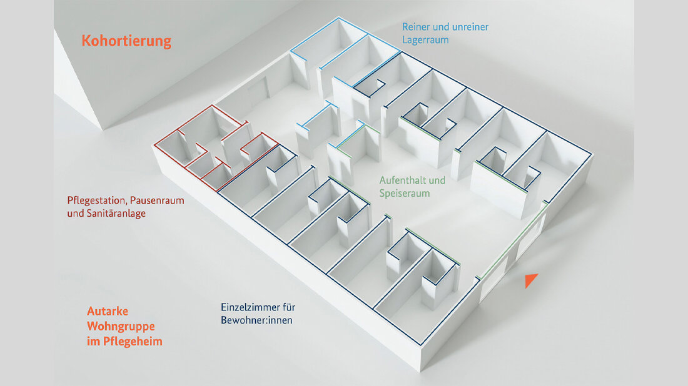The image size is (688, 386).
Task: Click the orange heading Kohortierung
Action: [x=126, y=42]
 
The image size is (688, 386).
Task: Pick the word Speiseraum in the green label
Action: [x=405, y=194]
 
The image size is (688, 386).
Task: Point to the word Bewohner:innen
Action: [x=257, y=320]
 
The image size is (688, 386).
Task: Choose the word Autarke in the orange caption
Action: [x=108, y=311]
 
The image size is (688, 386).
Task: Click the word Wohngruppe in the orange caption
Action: [x=121, y=326]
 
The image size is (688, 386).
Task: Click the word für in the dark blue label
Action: [x=288, y=308]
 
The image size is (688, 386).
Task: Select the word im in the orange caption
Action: [x=93, y=342]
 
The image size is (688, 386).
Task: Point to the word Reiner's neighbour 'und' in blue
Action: [x=442, y=27]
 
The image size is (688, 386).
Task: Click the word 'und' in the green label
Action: [x=437, y=181]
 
